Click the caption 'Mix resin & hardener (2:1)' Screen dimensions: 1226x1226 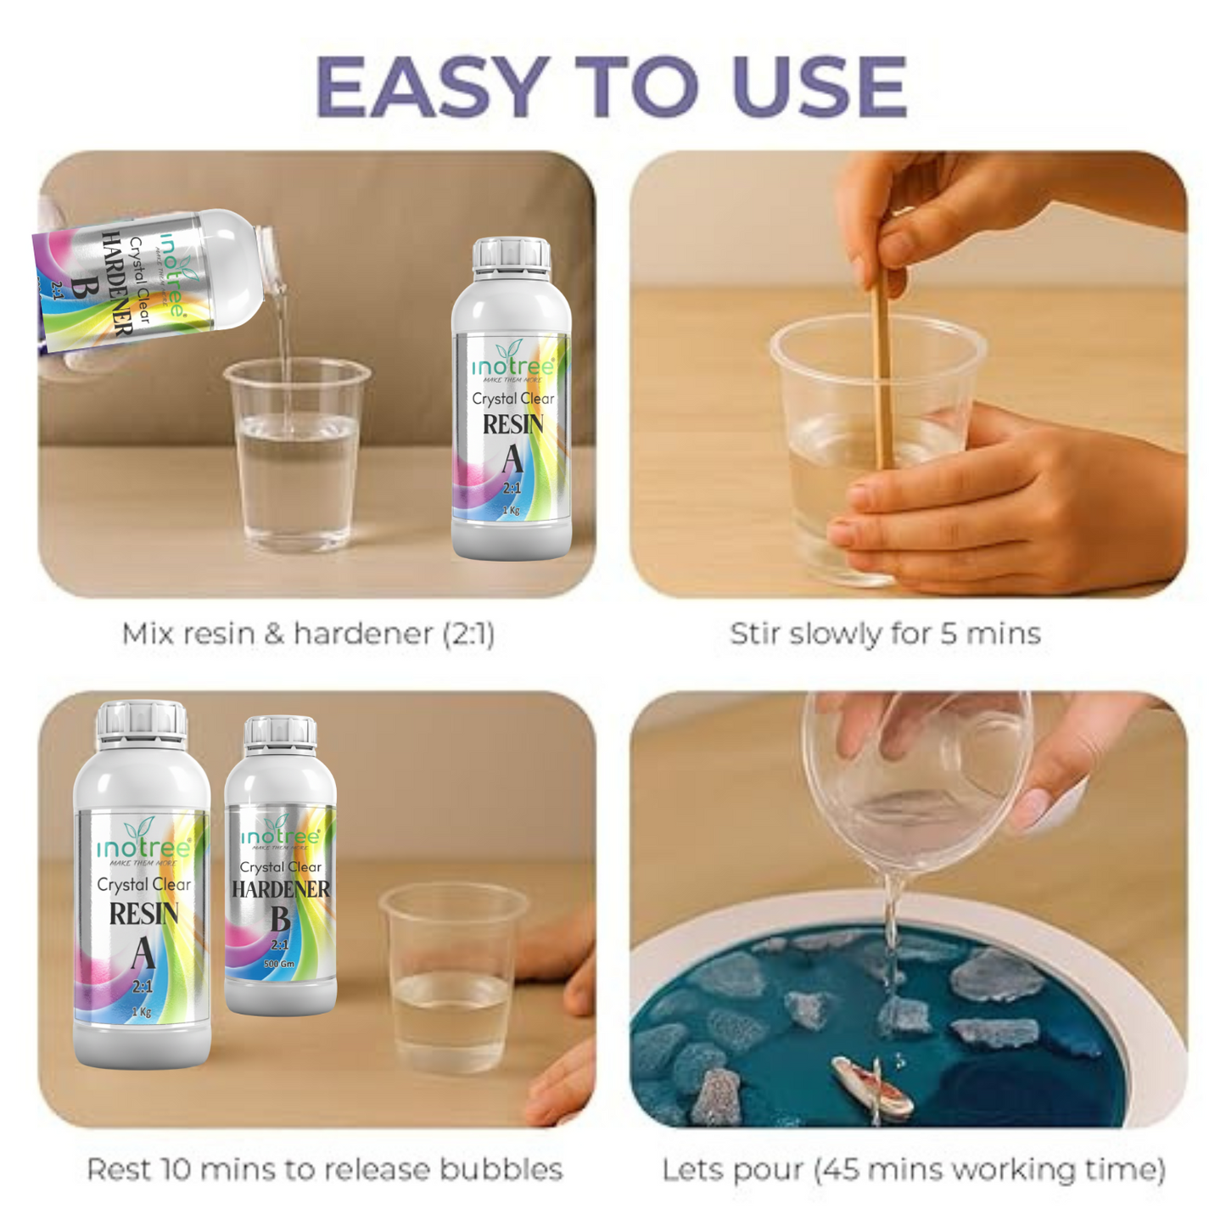308,634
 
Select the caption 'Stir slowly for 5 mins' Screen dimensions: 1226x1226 885,634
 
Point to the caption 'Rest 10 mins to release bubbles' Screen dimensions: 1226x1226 324,1169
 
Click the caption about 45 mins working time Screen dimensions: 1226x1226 914,1169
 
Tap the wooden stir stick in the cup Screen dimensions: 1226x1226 882,373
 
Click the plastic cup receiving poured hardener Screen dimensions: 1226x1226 296,458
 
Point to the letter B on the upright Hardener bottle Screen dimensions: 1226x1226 280,919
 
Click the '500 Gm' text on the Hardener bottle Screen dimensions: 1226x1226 279,965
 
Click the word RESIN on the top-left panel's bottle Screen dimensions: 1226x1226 512,424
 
